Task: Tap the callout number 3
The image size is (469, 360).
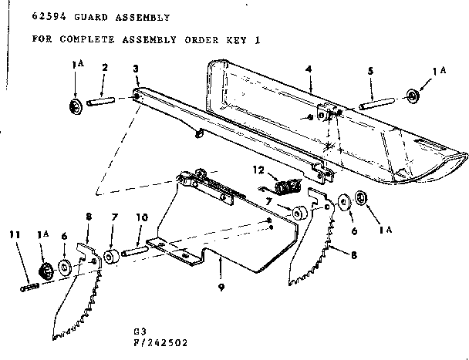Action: pos(136,69)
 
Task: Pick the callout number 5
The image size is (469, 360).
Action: pos(370,69)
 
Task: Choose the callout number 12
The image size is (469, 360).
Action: pos(260,169)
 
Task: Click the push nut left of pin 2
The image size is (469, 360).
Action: pos(76,105)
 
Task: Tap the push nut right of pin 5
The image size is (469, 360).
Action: pos(413,96)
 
